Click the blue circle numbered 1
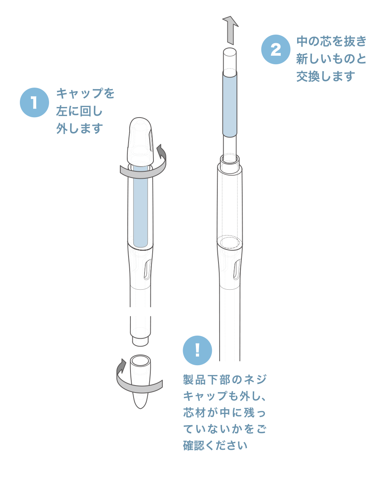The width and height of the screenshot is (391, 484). click(x=34, y=102)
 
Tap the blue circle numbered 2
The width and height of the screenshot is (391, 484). click(x=276, y=49)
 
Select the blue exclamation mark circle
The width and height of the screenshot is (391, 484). click(x=197, y=350)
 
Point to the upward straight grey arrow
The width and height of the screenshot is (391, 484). click(x=230, y=30)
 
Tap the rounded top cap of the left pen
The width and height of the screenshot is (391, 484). click(x=140, y=141)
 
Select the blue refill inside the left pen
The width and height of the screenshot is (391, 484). click(x=141, y=206)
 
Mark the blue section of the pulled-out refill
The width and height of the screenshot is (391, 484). click(x=230, y=104)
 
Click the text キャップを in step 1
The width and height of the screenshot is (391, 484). click(x=85, y=93)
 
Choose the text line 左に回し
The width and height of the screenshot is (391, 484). click(x=79, y=111)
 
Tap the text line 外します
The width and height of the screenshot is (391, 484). click(x=79, y=128)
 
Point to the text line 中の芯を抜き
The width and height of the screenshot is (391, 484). click(x=331, y=41)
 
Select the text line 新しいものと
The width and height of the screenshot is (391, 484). click(x=331, y=59)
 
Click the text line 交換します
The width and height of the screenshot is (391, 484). click(x=326, y=76)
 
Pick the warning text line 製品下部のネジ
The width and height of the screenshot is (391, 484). click(x=224, y=380)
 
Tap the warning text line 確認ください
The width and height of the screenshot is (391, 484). click(x=215, y=445)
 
